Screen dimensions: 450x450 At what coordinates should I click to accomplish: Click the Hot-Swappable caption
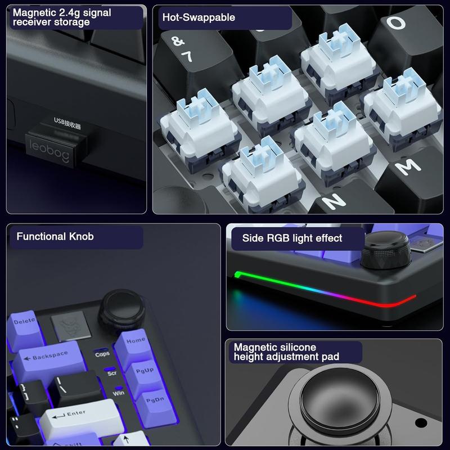click(199, 17)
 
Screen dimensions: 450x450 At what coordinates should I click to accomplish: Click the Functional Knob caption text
click(55, 236)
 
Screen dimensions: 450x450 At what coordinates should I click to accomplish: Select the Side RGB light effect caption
click(292, 238)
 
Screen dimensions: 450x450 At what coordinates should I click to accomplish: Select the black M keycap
click(406, 166)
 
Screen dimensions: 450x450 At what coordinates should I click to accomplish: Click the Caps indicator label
click(102, 354)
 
